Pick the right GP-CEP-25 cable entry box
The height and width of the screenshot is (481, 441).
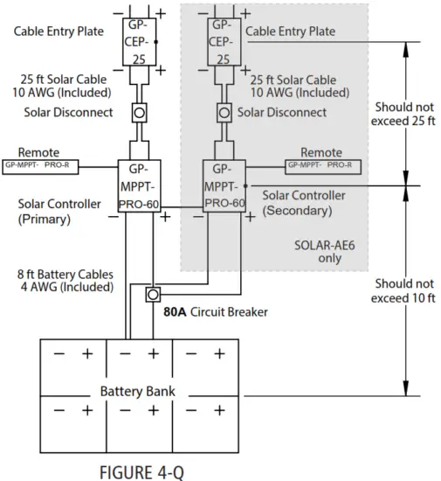[224, 42]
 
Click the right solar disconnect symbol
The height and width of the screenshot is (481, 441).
[224, 113]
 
